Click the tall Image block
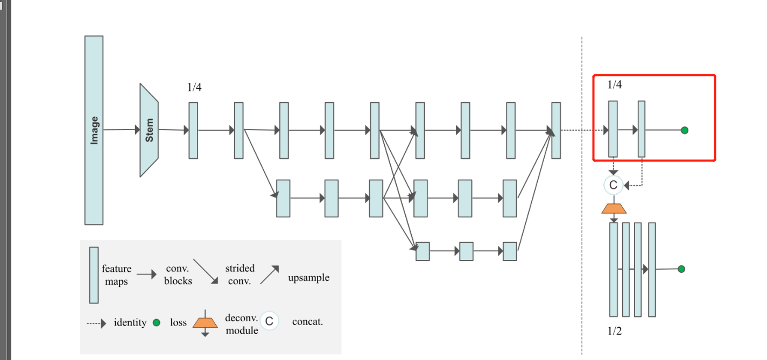(x=94, y=130)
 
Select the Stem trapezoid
(x=149, y=130)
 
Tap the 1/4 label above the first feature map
(x=194, y=88)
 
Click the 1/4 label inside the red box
(x=615, y=84)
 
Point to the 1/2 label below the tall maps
(x=615, y=331)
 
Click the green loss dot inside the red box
(x=684, y=130)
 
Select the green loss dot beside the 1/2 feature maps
(x=681, y=269)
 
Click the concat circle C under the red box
(x=613, y=186)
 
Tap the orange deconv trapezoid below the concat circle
(x=613, y=208)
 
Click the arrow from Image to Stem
(x=122, y=130)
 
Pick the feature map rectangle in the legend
(x=94, y=275)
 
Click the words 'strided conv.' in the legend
(x=240, y=274)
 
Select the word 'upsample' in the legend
(x=308, y=278)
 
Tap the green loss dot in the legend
(x=157, y=323)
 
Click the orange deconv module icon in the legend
(x=205, y=323)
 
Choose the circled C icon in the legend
(x=269, y=322)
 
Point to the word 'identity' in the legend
(x=130, y=323)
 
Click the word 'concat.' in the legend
(x=308, y=322)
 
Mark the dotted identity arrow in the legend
(x=97, y=323)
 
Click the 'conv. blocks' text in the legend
(x=178, y=274)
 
